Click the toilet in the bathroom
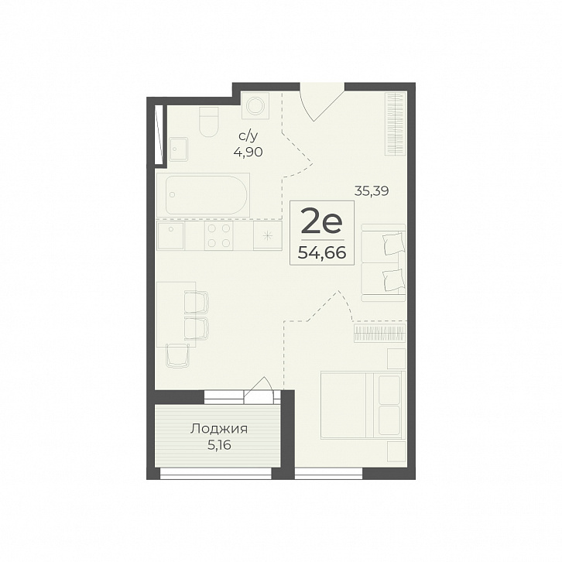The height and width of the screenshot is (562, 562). click(x=208, y=122)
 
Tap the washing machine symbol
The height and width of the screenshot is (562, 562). click(x=256, y=105)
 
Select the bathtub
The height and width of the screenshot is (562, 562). click(x=203, y=194)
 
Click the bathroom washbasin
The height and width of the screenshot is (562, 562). click(x=179, y=149)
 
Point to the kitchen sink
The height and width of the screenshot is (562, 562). click(x=170, y=235)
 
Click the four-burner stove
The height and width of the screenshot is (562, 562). click(x=218, y=235)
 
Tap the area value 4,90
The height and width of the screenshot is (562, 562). click(x=248, y=152)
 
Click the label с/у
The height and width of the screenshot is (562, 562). click(x=248, y=136)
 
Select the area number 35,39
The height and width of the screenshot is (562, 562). click(x=372, y=191)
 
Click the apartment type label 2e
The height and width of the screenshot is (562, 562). click(x=322, y=221)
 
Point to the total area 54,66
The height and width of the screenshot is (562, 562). click(x=322, y=253)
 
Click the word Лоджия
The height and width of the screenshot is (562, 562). click(x=219, y=429)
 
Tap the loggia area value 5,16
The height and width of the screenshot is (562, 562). click(x=219, y=445)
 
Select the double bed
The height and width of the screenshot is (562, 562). click(x=363, y=405)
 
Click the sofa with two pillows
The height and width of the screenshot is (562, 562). click(x=383, y=262)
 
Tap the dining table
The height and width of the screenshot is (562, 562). click(x=176, y=314)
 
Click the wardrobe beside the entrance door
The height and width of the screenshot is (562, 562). click(x=396, y=124)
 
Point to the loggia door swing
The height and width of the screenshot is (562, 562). click(x=258, y=388)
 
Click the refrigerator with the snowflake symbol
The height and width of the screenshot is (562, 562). click(x=267, y=235)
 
